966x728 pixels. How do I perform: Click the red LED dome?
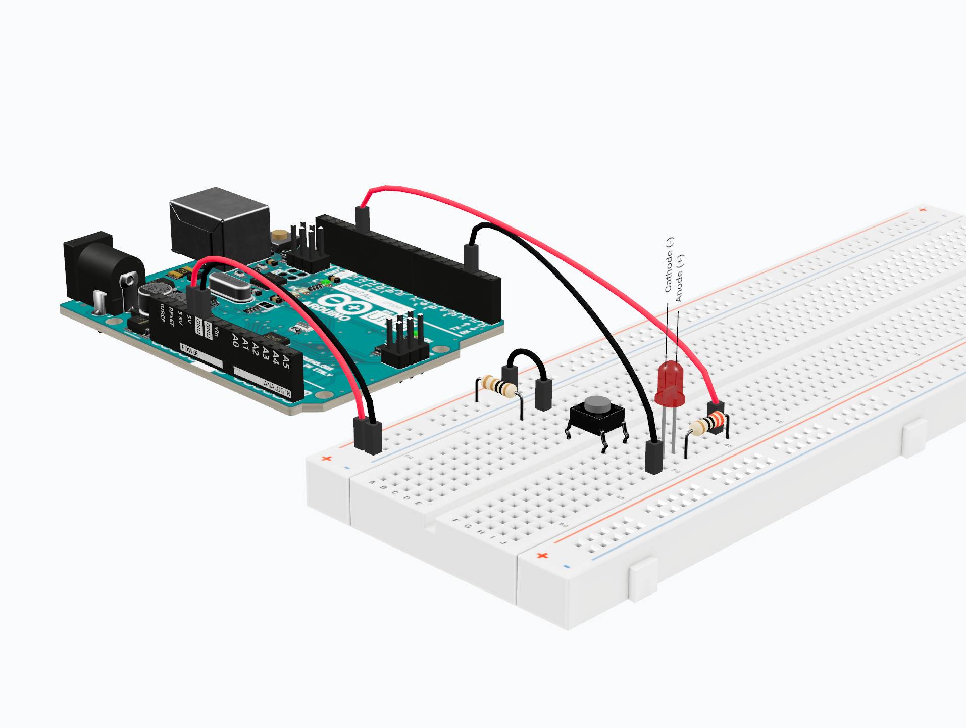coord(670,382)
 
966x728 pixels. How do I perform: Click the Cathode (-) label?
coord(669,265)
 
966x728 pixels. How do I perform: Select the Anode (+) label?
coord(679,278)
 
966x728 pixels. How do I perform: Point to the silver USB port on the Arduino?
coord(220,222)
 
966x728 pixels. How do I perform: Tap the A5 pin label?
coord(286,362)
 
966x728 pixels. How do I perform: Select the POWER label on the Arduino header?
coord(190,350)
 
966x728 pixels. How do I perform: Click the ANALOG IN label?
coord(277,388)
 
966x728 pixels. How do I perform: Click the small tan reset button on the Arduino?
coord(278,235)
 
